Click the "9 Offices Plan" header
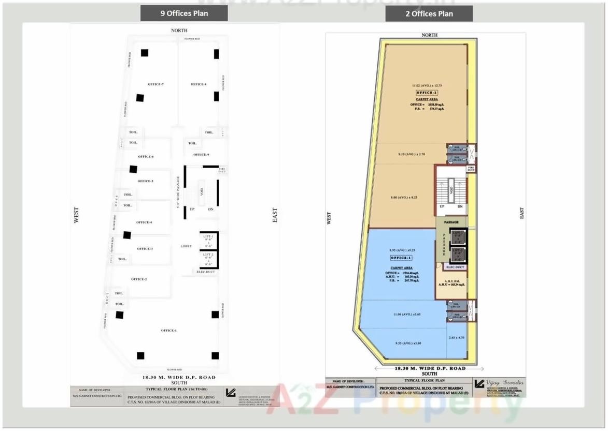pos(184,13)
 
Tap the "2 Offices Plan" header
pos(429,14)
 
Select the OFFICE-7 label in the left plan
pos(155,84)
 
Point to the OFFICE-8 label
pos(199,84)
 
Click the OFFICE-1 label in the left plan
pos(168,331)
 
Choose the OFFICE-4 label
pos(144,222)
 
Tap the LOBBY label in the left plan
pos(186,246)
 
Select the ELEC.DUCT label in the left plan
pos(206,272)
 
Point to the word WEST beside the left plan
pos(77,215)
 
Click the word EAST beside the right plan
pos(522,213)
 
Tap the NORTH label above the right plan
pos(429,35)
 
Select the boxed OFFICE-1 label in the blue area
pos(401,258)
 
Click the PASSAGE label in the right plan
pos(451,222)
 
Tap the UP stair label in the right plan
pos(442,206)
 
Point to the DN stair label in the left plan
pos(210,209)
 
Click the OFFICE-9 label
pos(201,155)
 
